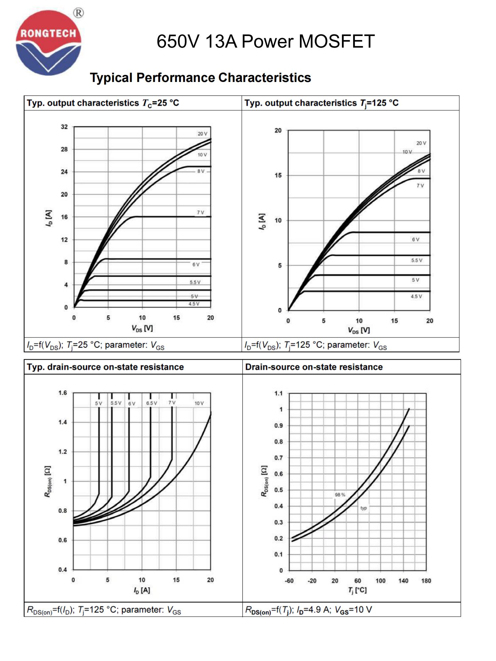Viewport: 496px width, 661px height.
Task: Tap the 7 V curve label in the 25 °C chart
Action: (200, 213)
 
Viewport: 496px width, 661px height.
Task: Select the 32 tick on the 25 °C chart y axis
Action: (64, 127)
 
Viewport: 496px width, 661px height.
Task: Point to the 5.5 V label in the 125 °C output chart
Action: (417, 260)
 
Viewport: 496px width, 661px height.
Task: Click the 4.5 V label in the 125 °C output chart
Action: (416, 296)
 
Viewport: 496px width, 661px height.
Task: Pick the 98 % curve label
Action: (340, 495)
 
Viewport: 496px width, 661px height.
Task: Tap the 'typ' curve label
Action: (363, 508)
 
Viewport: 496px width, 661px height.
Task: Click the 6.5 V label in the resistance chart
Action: (151, 403)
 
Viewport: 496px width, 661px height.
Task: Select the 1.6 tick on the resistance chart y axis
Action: (62, 393)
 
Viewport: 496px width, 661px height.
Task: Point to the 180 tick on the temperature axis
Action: (426, 581)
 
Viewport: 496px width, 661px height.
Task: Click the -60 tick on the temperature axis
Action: (289, 581)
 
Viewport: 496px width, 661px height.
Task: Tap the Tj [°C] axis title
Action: (357, 590)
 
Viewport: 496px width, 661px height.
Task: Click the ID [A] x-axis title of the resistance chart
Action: (142, 590)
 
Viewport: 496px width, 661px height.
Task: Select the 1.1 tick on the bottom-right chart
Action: (278, 393)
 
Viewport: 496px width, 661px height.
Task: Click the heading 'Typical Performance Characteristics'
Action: (200, 78)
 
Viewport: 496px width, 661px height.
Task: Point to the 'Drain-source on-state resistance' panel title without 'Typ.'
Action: (314, 367)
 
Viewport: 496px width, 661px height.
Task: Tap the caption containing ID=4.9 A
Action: (309, 610)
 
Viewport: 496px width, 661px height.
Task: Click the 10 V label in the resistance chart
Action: (199, 403)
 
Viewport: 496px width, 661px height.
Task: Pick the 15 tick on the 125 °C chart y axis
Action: (278, 175)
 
